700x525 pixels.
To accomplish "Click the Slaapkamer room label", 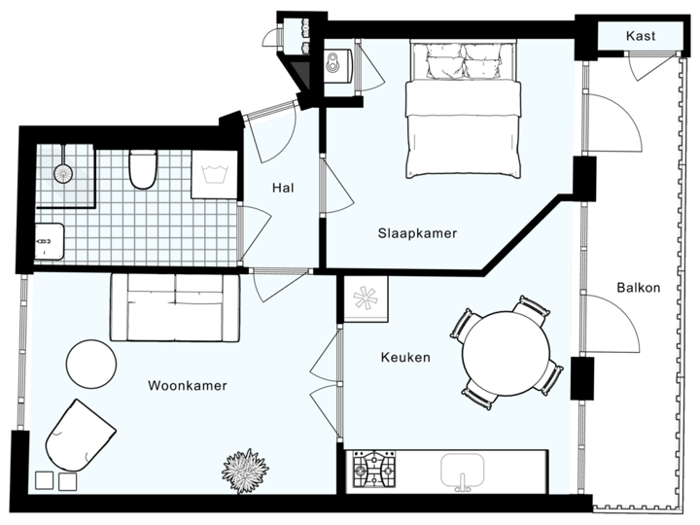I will pos(417,233).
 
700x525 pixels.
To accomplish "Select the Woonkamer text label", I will pos(188,386).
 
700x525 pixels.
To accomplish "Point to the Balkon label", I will pos(638,288).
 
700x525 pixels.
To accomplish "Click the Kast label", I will pos(641,36).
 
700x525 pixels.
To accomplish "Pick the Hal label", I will pos(283,188).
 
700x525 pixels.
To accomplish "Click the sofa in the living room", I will pos(174,306).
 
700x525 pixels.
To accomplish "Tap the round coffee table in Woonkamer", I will pos(91,364).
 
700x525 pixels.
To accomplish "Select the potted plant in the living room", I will pos(244,472).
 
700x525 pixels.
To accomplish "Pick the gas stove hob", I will pos(375,470).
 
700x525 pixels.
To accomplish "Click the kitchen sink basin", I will pos(466,472).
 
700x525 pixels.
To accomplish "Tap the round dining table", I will pos(506,352).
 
